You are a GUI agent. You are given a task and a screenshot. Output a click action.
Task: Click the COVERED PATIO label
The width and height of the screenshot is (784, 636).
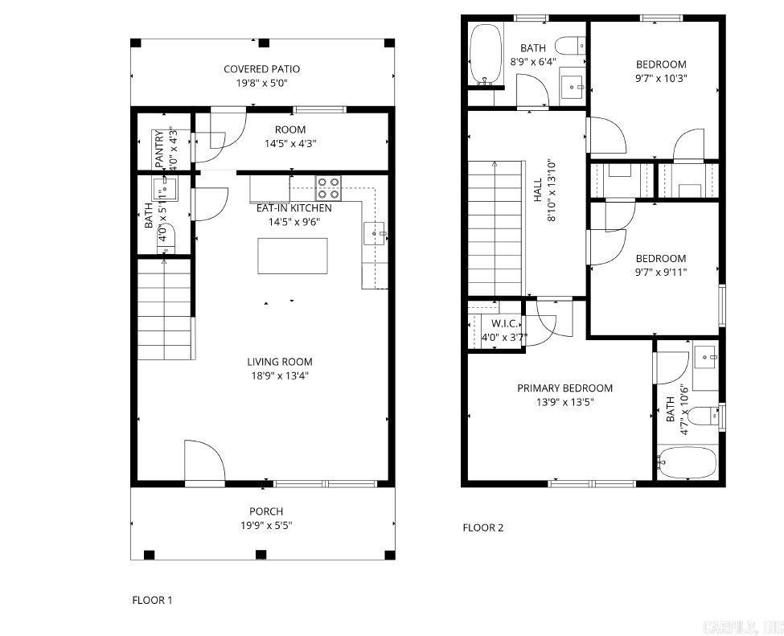261,69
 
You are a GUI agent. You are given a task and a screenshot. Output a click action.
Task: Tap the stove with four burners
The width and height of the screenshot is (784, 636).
328,187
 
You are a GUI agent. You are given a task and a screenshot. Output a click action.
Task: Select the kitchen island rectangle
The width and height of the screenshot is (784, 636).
293,256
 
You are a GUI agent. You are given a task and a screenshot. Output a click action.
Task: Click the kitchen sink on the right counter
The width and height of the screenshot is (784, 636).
376,234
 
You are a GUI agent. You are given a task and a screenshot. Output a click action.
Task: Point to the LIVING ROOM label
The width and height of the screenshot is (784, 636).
279,362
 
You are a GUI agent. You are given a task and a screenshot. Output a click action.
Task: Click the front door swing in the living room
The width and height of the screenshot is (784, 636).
204,462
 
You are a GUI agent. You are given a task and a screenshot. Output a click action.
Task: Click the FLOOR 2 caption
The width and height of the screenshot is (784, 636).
482,528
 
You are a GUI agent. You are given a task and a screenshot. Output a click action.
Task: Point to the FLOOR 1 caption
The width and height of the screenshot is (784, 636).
152,600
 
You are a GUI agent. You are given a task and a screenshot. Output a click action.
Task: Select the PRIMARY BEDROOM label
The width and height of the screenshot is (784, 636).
564,388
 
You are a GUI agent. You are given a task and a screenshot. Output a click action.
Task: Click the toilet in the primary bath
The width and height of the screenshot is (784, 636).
705,416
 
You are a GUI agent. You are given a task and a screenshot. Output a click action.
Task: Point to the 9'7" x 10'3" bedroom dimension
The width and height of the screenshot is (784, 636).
661,78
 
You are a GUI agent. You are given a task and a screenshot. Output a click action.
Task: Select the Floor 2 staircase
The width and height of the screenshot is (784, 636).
495,228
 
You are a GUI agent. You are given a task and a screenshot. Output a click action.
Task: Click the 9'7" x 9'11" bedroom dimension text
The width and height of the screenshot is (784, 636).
661,272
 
